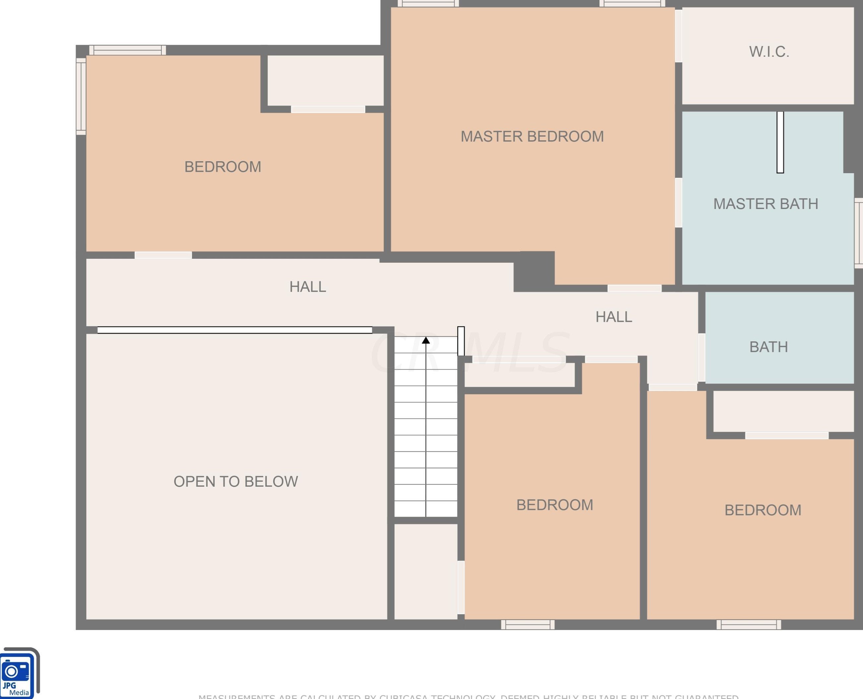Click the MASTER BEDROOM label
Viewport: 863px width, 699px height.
point(532,136)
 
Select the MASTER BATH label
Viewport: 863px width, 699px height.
point(766,204)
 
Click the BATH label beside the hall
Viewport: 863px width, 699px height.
point(769,347)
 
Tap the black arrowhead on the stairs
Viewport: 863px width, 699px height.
point(426,341)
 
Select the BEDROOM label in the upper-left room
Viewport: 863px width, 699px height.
point(222,167)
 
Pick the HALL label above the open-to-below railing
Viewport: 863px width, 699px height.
point(307,287)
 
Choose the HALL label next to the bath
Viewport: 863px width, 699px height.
point(614,317)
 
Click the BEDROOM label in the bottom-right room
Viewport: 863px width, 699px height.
point(763,510)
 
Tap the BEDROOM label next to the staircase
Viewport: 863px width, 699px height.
point(554,505)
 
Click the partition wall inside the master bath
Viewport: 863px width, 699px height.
point(780,142)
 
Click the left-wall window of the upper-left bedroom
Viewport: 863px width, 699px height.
point(81,96)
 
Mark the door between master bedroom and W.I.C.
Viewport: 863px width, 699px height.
point(678,36)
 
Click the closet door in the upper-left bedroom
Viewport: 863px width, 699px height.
point(328,109)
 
